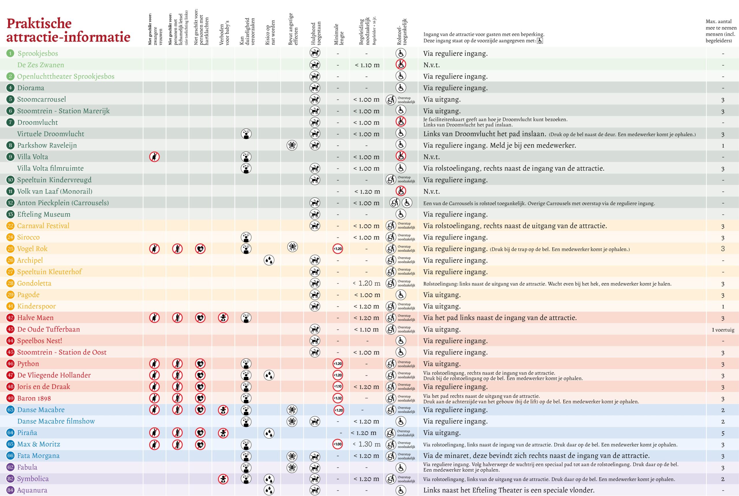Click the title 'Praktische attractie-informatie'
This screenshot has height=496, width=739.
(68, 30)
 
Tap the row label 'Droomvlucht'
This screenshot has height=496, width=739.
(37, 123)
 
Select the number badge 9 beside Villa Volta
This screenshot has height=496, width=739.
(10, 157)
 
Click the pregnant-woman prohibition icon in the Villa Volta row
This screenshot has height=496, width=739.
(154, 157)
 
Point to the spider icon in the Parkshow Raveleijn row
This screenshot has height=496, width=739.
(292, 145)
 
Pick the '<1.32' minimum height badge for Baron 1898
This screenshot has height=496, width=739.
(338, 398)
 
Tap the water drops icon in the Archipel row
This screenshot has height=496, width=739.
(269, 260)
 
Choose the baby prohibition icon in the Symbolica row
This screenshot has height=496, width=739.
(223, 479)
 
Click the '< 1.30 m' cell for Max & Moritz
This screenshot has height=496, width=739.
(367, 444)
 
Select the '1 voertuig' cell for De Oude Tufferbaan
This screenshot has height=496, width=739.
(723, 330)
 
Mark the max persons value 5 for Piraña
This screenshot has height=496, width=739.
(723, 433)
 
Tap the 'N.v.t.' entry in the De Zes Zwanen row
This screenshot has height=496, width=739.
(432, 65)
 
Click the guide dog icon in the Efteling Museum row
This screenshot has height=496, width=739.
(315, 215)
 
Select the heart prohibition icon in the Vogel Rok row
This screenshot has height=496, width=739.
(200, 249)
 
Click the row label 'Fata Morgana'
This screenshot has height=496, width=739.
(38, 456)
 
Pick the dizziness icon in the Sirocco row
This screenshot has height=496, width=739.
(246, 237)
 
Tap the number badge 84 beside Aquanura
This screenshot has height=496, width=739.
(10, 490)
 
